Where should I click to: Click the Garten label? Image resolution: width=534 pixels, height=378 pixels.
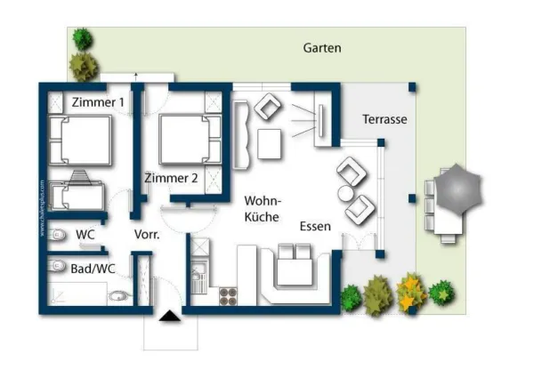(x=321, y=48)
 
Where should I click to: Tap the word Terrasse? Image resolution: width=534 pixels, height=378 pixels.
(x=384, y=119)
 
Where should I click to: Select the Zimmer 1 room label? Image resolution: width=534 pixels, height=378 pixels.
(x=98, y=102)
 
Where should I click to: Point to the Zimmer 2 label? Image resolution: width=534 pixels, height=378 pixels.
(x=171, y=177)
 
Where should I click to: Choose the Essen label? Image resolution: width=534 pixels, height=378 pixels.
(x=315, y=226)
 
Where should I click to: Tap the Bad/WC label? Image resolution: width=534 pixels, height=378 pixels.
(x=92, y=267)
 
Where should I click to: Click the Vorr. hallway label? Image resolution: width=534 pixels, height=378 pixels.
(x=146, y=235)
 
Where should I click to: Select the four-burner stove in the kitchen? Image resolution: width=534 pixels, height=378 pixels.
(x=227, y=295)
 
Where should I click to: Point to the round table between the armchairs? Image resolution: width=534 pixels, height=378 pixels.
(x=344, y=193)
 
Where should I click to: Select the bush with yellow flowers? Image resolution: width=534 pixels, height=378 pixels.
(x=410, y=291)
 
